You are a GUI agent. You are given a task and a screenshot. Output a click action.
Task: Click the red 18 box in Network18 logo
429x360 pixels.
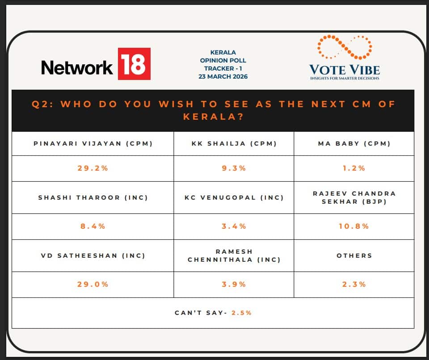click(x=134, y=64)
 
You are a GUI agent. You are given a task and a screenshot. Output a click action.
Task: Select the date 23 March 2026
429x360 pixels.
click(x=223, y=76)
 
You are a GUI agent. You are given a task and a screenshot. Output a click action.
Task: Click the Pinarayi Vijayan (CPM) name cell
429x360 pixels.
click(x=93, y=143)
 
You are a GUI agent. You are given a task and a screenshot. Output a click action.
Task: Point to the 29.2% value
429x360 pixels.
click(x=93, y=168)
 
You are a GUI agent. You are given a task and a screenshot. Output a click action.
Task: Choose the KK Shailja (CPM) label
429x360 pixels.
click(x=234, y=143)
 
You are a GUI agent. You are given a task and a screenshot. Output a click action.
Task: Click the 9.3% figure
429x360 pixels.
click(x=234, y=168)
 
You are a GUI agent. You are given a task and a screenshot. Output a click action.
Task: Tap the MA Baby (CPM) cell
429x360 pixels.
click(x=354, y=143)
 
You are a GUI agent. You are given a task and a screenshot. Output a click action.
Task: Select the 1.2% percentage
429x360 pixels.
click(x=354, y=168)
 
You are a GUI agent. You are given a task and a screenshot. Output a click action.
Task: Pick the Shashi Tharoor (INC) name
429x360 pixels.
click(x=93, y=197)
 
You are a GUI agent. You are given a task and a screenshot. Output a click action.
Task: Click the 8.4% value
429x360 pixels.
click(x=93, y=226)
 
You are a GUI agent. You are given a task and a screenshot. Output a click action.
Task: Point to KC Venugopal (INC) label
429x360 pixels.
click(x=234, y=197)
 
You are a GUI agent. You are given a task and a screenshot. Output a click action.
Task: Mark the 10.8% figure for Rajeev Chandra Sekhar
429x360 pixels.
click(x=354, y=226)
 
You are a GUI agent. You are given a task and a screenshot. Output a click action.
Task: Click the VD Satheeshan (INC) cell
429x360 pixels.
click(x=93, y=255)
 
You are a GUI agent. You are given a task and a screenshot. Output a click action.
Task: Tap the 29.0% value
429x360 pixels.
click(x=93, y=284)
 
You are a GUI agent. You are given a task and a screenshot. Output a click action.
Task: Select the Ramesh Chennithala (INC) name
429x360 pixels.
click(x=234, y=255)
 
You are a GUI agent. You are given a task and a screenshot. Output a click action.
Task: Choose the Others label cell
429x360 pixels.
click(x=354, y=255)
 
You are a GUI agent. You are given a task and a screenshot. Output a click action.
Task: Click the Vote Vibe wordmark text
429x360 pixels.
click(x=344, y=70)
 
